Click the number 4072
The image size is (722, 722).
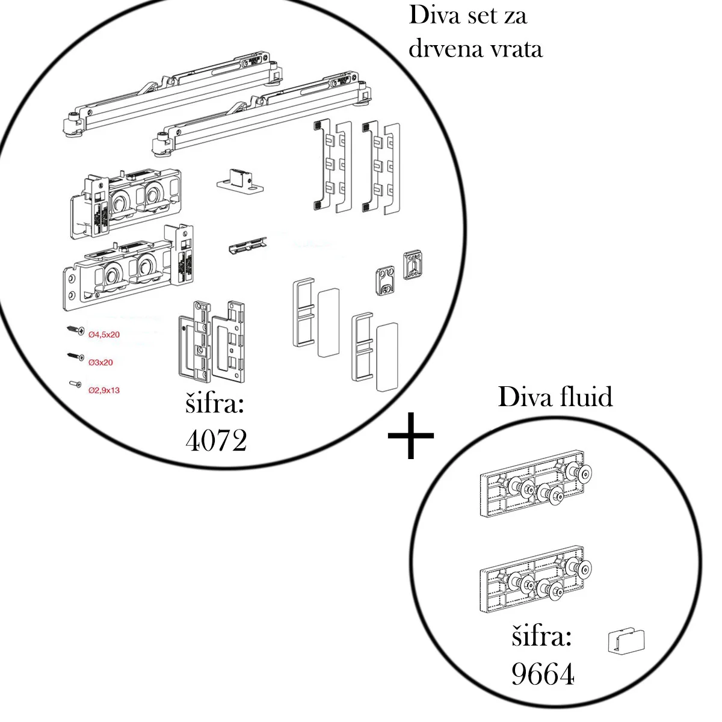coord(216,441)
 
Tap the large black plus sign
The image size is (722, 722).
coord(411,436)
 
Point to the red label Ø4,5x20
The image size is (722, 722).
coord(103,335)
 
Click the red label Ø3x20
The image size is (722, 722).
coord(100,362)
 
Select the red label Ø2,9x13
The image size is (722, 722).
coord(103,390)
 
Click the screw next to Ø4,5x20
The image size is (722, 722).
coord(75,330)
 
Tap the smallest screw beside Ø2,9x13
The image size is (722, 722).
coord(74,384)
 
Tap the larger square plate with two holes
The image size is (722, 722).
coord(415,265)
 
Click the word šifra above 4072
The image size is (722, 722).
coord(215,404)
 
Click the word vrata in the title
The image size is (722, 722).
coord(517,48)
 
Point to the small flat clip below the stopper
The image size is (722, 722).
coord(247,246)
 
